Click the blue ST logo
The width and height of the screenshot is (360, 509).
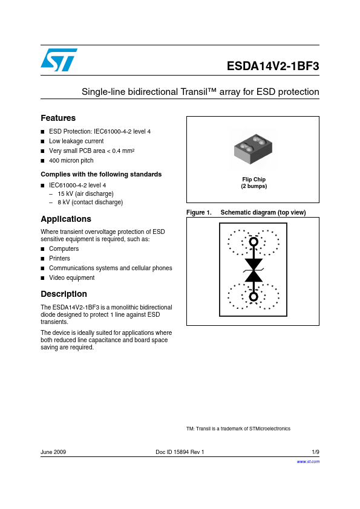pos(59,60)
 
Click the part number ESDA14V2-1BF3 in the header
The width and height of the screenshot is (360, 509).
pos(273,66)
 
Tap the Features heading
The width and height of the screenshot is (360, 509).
pos(58,118)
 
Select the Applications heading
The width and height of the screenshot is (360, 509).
pos(66,219)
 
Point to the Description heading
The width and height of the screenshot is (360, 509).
pos(64,294)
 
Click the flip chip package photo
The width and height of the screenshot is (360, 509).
pos(253,149)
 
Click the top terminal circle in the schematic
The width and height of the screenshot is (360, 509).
pos(254,242)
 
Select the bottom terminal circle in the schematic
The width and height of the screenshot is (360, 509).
pos(254,297)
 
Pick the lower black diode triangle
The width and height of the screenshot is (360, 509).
pos(254,276)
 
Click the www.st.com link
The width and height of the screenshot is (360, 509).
pos(308,461)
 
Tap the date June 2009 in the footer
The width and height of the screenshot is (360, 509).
pos(53,452)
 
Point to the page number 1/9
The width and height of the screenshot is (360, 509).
pos(315,452)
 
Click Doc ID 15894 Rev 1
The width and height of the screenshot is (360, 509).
pos(180,452)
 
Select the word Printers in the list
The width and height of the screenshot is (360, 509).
pos(59,258)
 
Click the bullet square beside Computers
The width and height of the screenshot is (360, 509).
pos(42,249)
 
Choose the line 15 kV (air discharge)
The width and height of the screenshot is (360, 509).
pos(85,194)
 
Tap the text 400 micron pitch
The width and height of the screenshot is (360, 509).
pos(71,160)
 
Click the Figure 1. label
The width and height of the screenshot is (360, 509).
pos(199,212)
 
